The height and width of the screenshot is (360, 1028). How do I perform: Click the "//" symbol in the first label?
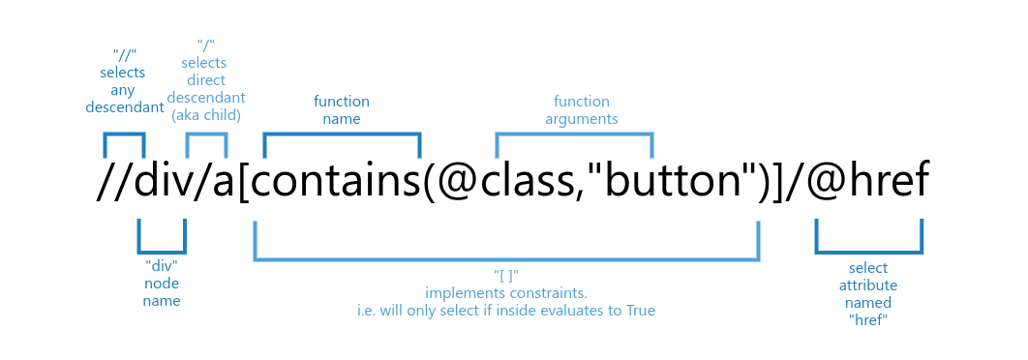click(x=124, y=55)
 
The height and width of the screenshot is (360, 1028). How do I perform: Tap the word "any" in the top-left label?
click(x=124, y=90)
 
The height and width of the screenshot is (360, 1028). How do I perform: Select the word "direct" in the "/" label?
click(x=206, y=80)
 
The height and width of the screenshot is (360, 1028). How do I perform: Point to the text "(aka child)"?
click(x=206, y=115)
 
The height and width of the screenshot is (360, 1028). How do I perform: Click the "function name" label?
click(x=341, y=109)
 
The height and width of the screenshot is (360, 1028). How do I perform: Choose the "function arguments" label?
click(x=581, y=109)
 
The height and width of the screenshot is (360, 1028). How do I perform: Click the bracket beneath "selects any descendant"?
click(x=124, y=135)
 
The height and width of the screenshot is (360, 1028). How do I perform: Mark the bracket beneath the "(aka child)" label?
click(x=206, y=135)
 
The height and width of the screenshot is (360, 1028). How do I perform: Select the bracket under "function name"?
click(x=342, y=135)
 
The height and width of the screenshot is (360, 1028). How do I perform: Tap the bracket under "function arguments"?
click(x=574, y=135)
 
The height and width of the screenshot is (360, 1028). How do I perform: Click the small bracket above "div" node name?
click(x=162, y=250)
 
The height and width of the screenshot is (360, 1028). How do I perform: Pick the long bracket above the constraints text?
click(x=506, y=258)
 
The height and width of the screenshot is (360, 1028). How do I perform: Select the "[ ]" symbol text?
click(x=506, y=275)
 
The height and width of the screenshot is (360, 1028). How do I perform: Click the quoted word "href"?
click(x=868, y=319)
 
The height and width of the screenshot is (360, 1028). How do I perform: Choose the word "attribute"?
click(x=868, y=285)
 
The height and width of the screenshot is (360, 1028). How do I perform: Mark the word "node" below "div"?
click(x=162, y=283)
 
